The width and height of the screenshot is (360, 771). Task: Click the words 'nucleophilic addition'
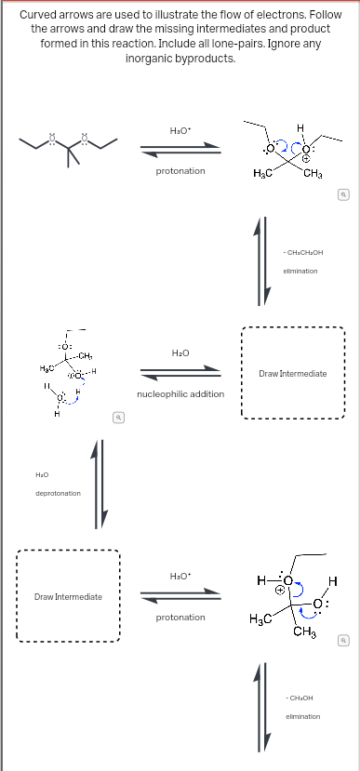pos(180,393)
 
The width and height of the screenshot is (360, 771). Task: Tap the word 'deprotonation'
pos(58,492)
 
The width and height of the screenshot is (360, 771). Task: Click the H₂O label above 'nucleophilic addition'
pos(180,352)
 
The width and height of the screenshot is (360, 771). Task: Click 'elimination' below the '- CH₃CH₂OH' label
pos(300,270)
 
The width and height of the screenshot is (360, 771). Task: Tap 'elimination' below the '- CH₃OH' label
pos(300,716)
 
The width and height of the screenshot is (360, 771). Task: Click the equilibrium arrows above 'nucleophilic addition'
pos(180,372)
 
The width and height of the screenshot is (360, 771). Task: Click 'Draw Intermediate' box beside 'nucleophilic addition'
pos(291,373)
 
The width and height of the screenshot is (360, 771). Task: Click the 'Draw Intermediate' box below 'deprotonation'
pos(68,595)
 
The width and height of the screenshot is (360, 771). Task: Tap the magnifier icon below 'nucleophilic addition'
pos(116,419)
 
